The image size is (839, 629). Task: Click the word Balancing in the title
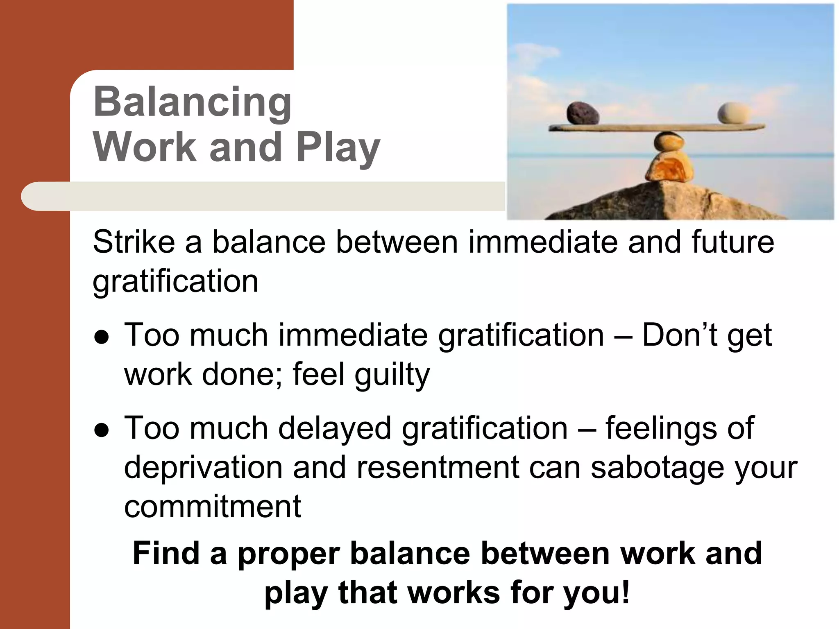(x=192, y=102)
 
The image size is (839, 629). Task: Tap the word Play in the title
(x=338, y=147)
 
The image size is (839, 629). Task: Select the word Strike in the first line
(x=134, y=242)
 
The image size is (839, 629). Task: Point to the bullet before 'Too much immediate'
(x=101, y=337)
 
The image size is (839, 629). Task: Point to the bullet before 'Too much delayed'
(x=101, y=430)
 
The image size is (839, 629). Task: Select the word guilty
(x=392, y=375)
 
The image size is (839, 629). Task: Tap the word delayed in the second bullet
(x=335, y=428)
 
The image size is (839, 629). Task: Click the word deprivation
(x=203, y=467)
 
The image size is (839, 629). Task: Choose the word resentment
(x=438, y=467)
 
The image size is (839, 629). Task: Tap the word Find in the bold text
(x=166, y=553)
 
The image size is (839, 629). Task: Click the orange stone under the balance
(x=669, y=168)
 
